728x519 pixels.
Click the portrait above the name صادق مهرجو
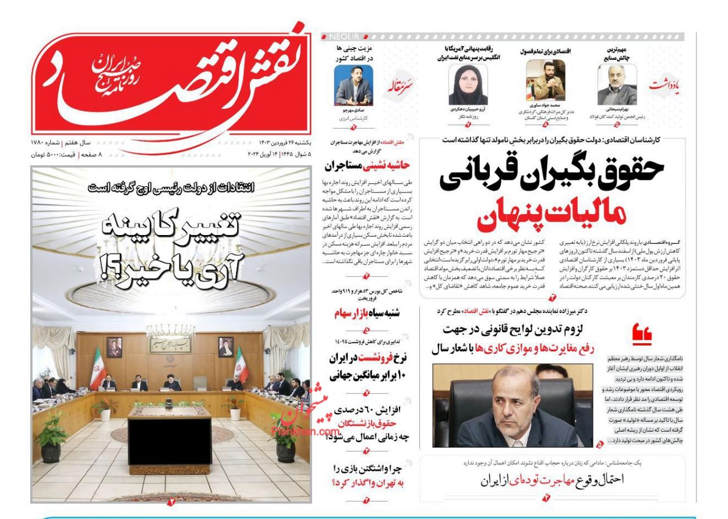coord(354,84)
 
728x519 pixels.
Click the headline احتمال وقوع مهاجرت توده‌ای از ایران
coord(552,481)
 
